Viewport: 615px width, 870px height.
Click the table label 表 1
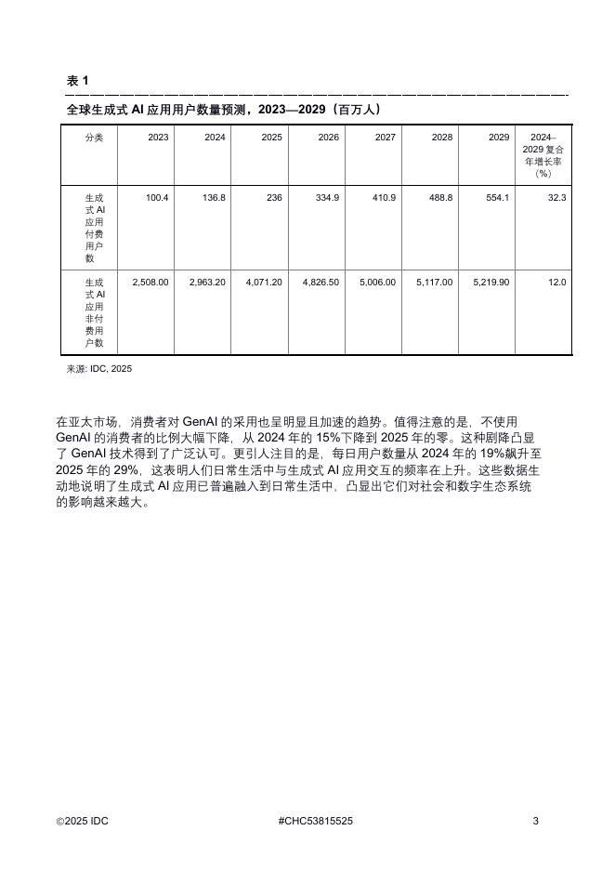(78, 81)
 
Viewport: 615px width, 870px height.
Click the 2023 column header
(158, 138)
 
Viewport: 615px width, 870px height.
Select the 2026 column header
(328, 138)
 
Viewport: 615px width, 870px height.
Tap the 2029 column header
(499, 138)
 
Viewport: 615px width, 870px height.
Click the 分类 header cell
(94, 138)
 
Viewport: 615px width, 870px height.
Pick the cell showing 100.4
(157, 198)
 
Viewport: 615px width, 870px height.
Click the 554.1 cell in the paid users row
(497, 198)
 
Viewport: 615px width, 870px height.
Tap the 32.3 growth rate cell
(557, 198)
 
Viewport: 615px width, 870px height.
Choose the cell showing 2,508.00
(150, 282)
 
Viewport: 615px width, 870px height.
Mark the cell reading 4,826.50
(321, 282)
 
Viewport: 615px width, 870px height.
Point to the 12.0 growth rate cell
(557, 282)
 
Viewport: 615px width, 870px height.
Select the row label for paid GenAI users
(95, 229)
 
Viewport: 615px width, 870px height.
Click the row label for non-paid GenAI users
(95, 311)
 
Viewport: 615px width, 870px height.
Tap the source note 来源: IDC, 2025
(99, 369)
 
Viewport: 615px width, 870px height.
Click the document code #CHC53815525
(315, 821)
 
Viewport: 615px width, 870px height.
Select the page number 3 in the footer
(535, 821)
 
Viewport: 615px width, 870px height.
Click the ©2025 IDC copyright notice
(83, 821)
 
